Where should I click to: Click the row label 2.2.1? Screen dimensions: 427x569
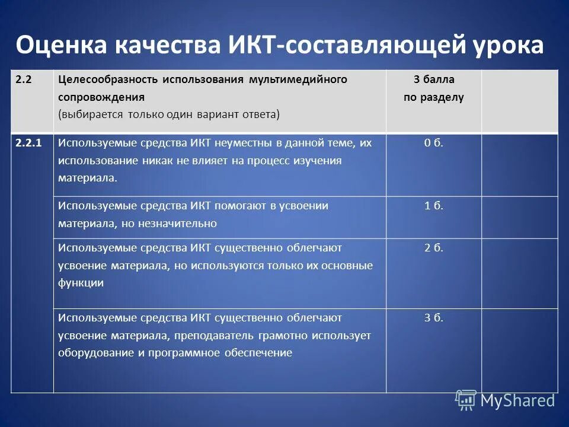(29, 143)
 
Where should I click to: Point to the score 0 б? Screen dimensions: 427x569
(433, 143)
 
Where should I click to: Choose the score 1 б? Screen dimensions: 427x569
(433, 206)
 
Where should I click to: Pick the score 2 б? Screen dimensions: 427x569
(433, 247)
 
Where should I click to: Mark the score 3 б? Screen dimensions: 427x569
(433, 317)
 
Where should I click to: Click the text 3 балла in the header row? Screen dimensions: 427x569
(433, 79)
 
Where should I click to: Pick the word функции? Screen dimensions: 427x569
(81, 283)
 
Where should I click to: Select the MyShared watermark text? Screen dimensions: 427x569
(517, 400)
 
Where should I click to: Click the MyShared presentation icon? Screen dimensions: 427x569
(465, 400)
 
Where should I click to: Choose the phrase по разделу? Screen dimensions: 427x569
(433, 97)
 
